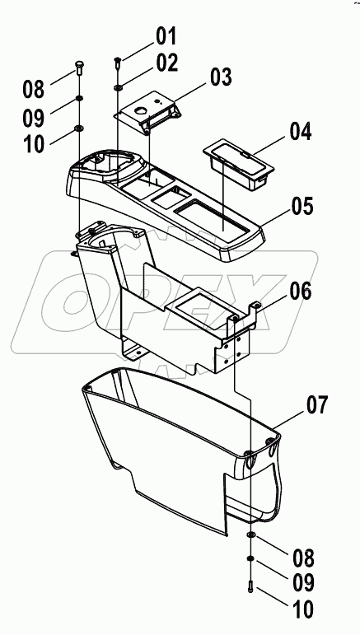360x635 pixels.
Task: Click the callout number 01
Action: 166,36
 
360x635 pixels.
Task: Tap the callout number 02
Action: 167,63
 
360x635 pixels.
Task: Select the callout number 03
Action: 221,77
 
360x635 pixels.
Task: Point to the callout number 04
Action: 301,132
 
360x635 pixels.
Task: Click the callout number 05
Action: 302,207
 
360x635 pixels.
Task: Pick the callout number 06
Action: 301,292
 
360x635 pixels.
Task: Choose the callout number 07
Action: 316,405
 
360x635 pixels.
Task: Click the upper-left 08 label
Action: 34,89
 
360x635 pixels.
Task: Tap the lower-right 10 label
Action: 302,609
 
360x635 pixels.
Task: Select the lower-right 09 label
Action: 303,582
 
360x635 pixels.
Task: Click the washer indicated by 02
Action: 119,87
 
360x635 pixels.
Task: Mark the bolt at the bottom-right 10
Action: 250,586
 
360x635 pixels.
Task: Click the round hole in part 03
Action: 143,110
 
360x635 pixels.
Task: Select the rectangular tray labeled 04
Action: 239,165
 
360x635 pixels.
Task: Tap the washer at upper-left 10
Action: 78,128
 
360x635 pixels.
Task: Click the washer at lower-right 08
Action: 251,535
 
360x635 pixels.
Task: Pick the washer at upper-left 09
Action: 78,98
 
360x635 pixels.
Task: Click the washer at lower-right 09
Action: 250,559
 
